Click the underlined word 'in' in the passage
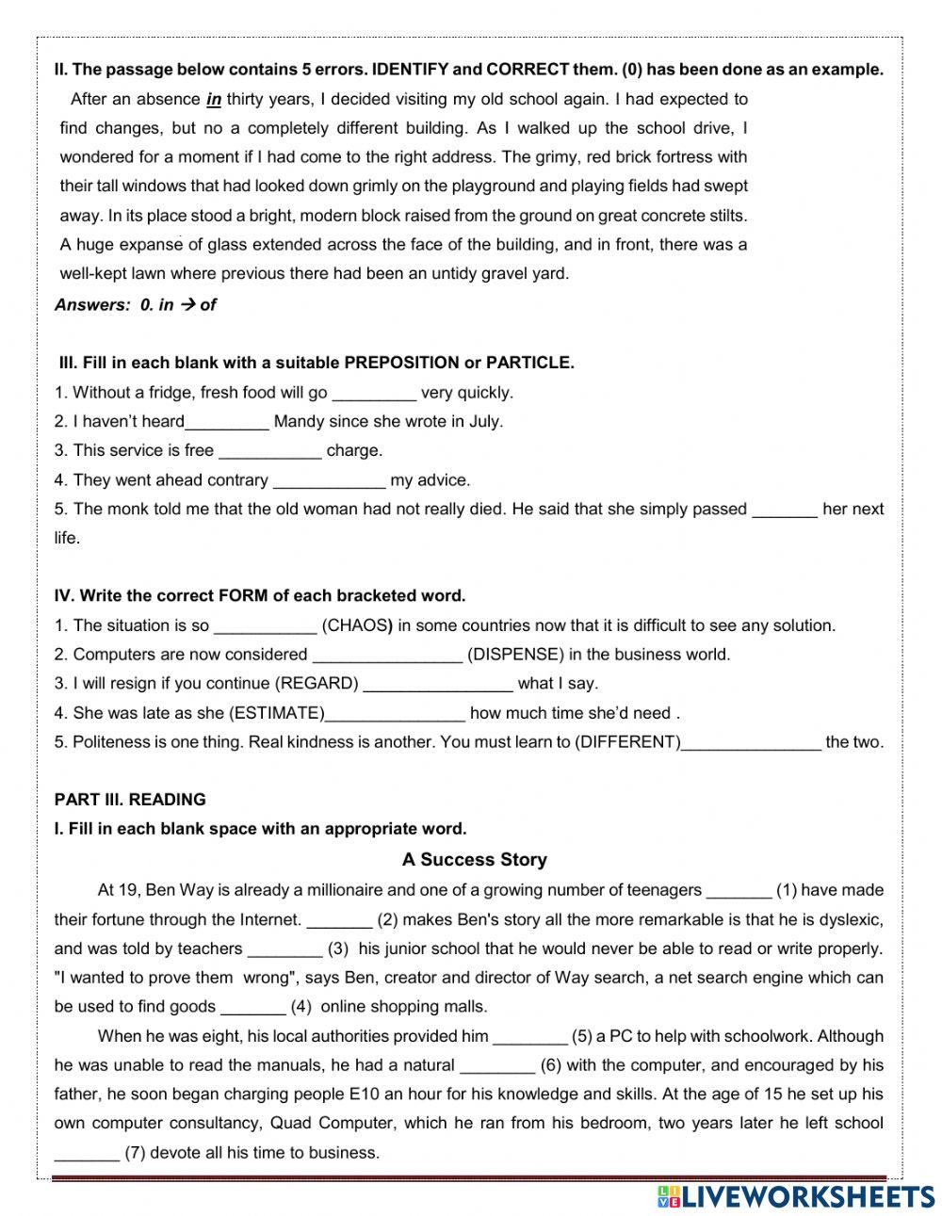[214, 99]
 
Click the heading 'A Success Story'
[474, 859]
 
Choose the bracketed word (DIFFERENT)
[627, 742]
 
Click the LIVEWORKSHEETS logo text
[808, 1196]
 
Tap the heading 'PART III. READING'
[130, 800]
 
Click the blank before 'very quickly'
[374, 394]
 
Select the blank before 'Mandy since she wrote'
[227, 423]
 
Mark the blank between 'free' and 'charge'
[269, 452]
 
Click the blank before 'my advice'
[329, 481]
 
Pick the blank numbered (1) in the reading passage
[739, 891]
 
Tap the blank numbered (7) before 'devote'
[87, 1154]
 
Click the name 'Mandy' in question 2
[299, 421]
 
